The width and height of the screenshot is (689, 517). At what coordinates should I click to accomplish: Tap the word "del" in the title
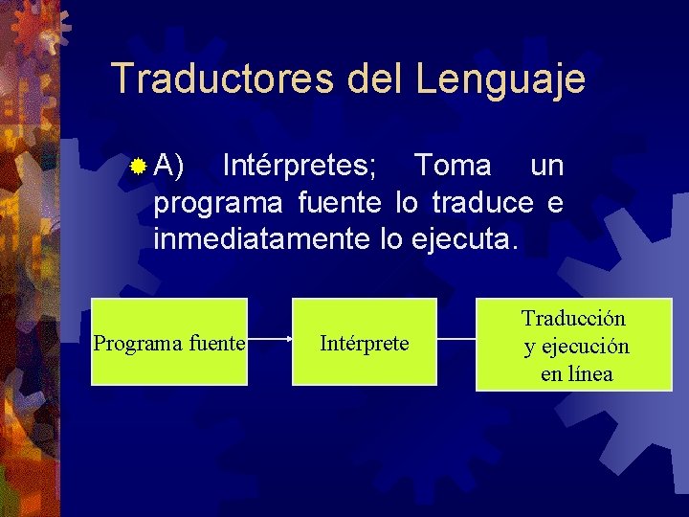tap(376, 79)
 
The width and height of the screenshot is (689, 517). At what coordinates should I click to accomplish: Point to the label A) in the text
tap(171, 166)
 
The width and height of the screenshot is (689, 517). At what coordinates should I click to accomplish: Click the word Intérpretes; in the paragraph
tap(300, 166)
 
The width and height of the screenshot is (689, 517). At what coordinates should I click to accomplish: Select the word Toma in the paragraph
tap(453, 166)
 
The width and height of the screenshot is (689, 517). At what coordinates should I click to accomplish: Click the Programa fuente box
tap(169, 342)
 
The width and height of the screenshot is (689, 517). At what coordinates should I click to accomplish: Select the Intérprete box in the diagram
tap(364, 342)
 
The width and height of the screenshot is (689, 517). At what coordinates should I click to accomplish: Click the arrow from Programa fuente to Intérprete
tap(270, 339)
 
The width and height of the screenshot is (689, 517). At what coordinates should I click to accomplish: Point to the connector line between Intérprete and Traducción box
tap(456, 339)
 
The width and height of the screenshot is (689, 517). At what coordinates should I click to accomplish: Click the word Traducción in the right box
tap(573, 317)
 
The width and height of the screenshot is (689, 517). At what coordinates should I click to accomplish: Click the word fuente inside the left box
tap(217, 343)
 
